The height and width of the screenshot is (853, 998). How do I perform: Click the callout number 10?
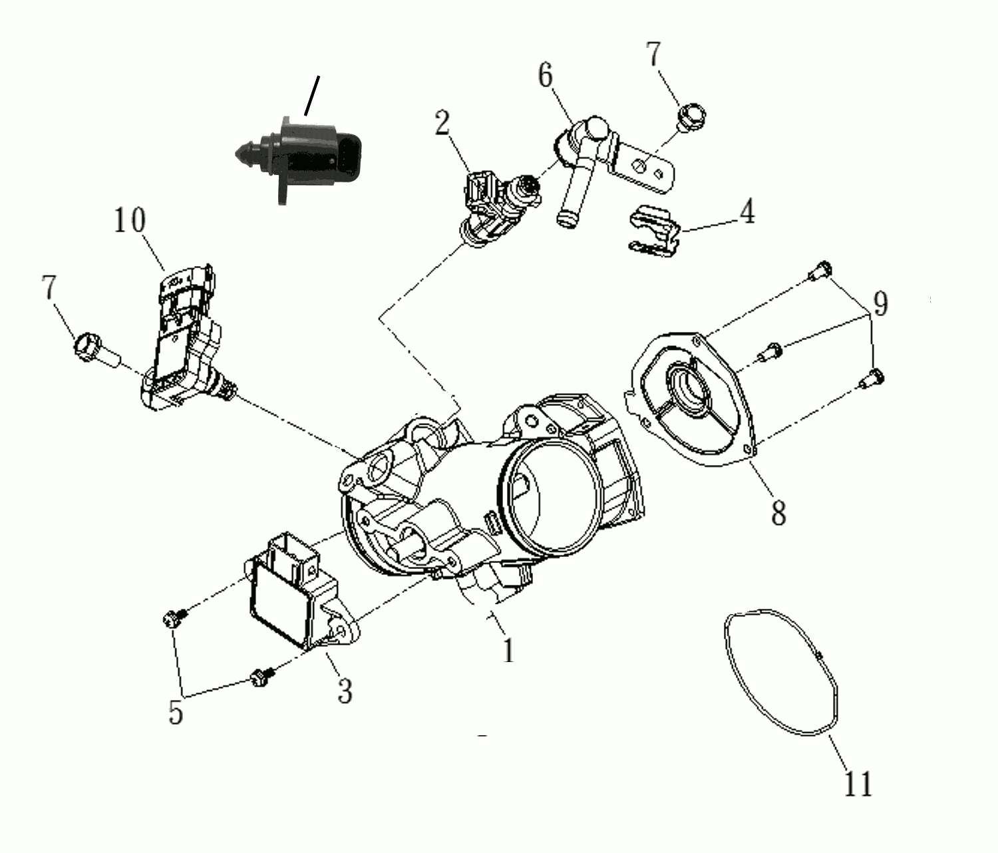pyautogui.click(x=130, y=220)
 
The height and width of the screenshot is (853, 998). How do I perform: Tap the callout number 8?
pyautogui.click(x=778, y=512)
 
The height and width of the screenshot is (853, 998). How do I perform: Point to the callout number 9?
pyautogui.click(x=881, y=303)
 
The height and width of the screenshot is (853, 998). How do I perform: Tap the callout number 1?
pyautogui.click(x=508, y=650)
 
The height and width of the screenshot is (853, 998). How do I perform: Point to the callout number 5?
pyautogui.click(x=176, y=711)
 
